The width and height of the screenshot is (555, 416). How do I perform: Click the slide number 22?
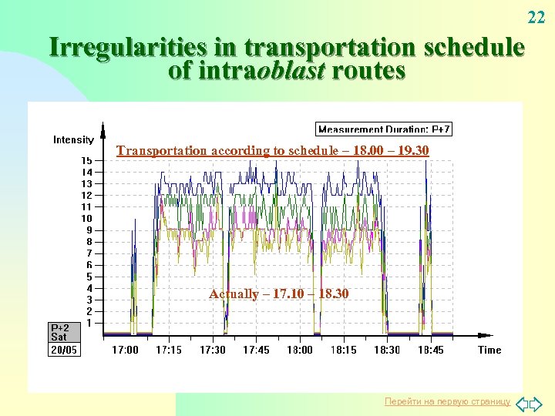point(536,17)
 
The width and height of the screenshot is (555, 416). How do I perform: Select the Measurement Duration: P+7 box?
point(385,129)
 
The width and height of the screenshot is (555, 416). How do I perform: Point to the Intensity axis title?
point(73,139)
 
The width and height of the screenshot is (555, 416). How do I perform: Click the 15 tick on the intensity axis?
point(87,160)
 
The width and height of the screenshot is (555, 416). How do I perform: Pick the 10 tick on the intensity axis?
point(87,218)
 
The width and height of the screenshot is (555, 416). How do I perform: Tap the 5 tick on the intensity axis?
point(89,277)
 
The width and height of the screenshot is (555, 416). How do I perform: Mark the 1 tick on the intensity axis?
point(89,323)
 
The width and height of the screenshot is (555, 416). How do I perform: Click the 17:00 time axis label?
point(126,350)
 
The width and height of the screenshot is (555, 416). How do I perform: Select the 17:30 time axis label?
point(213,350)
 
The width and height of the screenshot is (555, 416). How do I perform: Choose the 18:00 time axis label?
point(300,350)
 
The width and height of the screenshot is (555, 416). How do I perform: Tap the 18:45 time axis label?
point(430,350)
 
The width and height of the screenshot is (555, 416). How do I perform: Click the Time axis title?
point(489,350)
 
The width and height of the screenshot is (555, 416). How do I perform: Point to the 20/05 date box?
point(64,350)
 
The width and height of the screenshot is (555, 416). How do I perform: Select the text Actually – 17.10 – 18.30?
point(278,294)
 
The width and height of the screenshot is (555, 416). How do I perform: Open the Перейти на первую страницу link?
point(448,402)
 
